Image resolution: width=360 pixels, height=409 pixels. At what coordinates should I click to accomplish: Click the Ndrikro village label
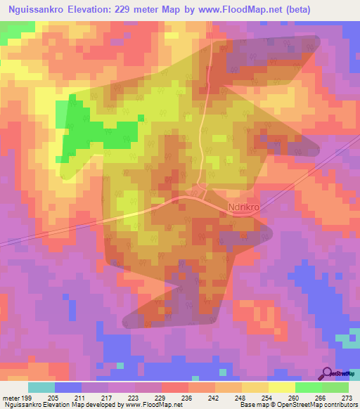[244, 207]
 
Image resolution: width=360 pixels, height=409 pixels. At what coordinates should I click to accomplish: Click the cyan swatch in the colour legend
[41, 387]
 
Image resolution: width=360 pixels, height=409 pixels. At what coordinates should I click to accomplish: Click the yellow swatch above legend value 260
[282, 387]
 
